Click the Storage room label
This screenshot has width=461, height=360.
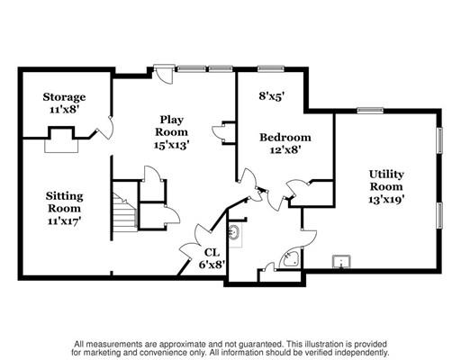pos(64,97)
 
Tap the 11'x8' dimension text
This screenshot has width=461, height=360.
pos(64,110)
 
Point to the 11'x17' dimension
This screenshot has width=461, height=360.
pos(65,221)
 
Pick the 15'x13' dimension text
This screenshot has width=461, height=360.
pos(171,145)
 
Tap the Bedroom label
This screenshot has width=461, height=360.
pos(285,138)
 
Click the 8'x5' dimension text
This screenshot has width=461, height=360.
pos(272,96)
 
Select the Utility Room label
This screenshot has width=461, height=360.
pos(386,180)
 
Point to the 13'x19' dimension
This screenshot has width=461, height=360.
pos(387,199)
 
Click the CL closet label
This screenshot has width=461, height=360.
pos(212,253)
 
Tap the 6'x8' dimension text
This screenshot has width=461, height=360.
pos(212,265)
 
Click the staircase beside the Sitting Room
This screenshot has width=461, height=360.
pos(125,212)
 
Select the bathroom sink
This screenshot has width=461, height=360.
pos(234,232)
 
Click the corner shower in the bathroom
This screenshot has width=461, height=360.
pos(289,258)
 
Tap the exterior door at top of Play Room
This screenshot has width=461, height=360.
pos(163,74)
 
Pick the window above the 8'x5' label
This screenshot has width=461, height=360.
pos(271,69)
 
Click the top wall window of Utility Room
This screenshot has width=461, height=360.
pos(370,111)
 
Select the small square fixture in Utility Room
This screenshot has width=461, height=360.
pos(341,262)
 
